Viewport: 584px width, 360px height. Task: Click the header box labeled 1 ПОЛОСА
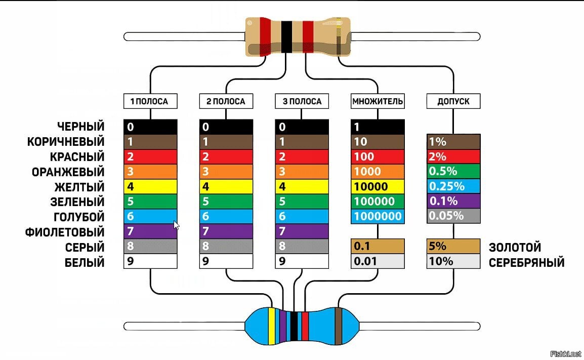pyautogui.click(x=150, y=101)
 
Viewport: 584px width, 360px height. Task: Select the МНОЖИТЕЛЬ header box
pyautogui.click(x=378, y=101)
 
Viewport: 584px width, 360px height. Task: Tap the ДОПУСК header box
pyautogui.click(x=453, y=101)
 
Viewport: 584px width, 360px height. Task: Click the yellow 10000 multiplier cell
pyautogui.click(x=378, y=186)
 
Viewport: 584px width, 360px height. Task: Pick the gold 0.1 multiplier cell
pyautogui.click(x=378, y=246)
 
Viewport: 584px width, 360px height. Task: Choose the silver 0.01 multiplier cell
pyautogui.click(x=378, y=261)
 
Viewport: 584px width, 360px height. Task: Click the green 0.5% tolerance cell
pyautogui.click(x=453, y=172)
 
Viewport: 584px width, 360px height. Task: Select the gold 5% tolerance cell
pyautogui.click(x=453, y=246)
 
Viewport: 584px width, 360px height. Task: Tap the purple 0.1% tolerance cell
pyautogui.click(x=453, y=201)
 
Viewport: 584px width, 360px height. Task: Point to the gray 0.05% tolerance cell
pyautogui.click(x=453, y=216)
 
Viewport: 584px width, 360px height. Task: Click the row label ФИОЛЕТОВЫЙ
pyautogui.click(x=65, y=232)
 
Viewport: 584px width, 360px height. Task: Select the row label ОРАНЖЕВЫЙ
pyautogui.click(x=68, y=172)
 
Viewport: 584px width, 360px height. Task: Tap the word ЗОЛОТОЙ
pyautogui.click(x=515, y=247)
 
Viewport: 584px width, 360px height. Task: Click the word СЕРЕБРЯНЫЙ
pyautogui.click(x=527, y=262)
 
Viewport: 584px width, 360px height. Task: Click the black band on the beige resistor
pyautogui.click(x=286, y=37)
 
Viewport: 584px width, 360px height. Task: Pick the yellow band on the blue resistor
pyautogui.click(x=272, y=326)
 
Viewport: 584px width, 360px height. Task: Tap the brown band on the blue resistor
pyautogui.click(x=338, y=326)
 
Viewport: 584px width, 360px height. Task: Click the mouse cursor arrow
pyautogui.click(x=176, y=225)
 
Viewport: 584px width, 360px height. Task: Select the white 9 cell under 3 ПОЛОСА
pyautogui.click(x=302, y=261)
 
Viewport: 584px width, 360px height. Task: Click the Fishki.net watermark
pyautogui.click(x=565, y=353)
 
